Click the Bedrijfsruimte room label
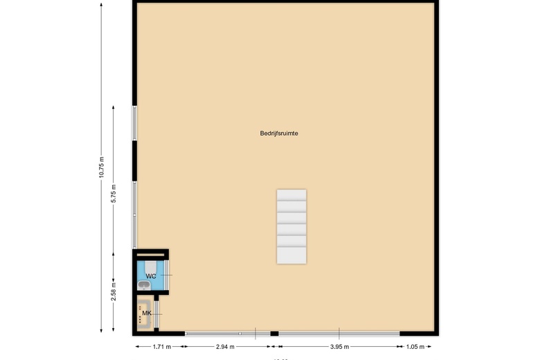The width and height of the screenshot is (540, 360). click(280, 133)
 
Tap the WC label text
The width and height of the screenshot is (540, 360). click(150, 276)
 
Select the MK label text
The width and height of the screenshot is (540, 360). click(146, 314)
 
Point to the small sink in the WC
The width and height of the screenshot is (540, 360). click(143, 284)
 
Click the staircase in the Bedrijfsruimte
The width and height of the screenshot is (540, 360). click(291, 226)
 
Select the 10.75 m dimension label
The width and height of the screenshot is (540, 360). click(102, 168)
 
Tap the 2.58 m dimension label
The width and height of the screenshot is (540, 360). click(115, 291)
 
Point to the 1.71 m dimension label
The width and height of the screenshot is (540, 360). click(159, 347)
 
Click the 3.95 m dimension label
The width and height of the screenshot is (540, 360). click(339, 347)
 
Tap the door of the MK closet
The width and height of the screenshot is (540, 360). click(157, 314)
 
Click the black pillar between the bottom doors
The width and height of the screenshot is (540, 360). click(274, 334)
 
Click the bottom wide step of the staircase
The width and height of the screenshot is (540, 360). click(291, 255)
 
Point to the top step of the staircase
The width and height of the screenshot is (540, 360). click(291, 195)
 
